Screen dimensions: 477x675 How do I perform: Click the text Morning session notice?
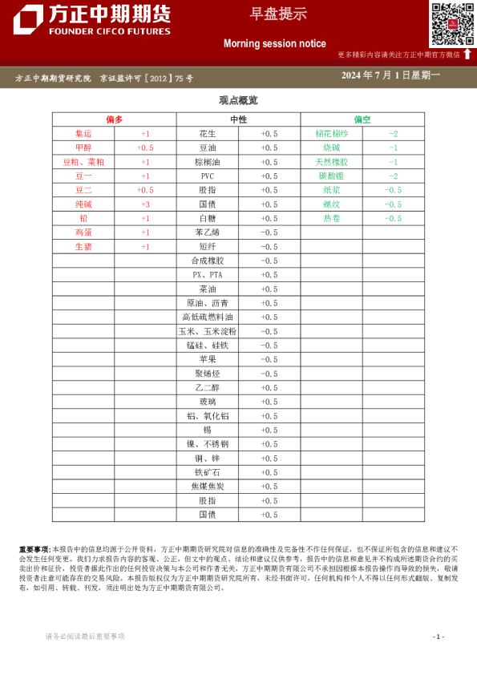coord(274,43)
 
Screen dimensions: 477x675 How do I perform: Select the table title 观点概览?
coord(238,101)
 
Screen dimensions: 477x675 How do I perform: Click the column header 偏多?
coord(114,119)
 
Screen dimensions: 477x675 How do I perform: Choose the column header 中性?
coord(238,119)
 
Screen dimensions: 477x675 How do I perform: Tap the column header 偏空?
coord(362,119)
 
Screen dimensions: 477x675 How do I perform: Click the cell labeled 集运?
coord(83,134)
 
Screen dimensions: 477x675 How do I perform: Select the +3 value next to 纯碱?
coord(145,204)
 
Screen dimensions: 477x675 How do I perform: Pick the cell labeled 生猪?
coord(83,247)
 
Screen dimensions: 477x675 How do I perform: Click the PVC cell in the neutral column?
coord(208,176)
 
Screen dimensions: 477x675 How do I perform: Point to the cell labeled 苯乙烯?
coord(208,232)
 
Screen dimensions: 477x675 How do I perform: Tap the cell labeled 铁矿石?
coord(208,472)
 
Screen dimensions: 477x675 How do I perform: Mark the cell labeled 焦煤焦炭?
coord(208,487)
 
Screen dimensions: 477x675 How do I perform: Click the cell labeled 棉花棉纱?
coord(332,134)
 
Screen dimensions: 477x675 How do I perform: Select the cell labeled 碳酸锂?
coord(332,176)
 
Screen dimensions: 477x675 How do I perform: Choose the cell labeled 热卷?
coord(332,218)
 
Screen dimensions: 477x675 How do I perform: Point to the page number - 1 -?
coord(438,637)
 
